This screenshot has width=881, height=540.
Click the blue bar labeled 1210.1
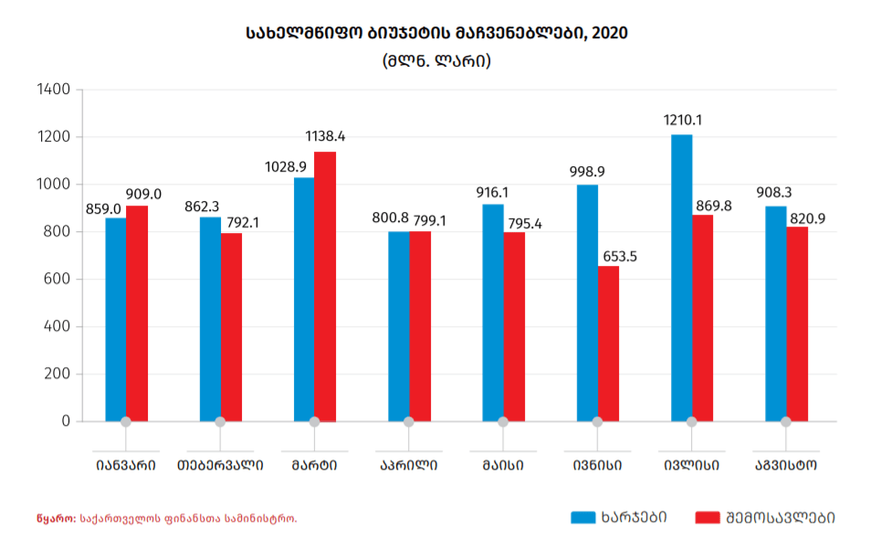coord(681,278)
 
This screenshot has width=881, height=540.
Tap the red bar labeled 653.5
coord(608,344)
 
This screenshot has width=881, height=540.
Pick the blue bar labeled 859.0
coord(116,319)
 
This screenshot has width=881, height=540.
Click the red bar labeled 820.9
coord(797,323)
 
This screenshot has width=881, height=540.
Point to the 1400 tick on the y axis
coord(54,90)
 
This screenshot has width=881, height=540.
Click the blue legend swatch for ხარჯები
coord(582,517)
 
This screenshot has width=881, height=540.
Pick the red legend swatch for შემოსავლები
coord(708,517)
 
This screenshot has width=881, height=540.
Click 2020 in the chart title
coord(609,33)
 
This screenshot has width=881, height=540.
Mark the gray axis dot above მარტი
coord(314,422)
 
